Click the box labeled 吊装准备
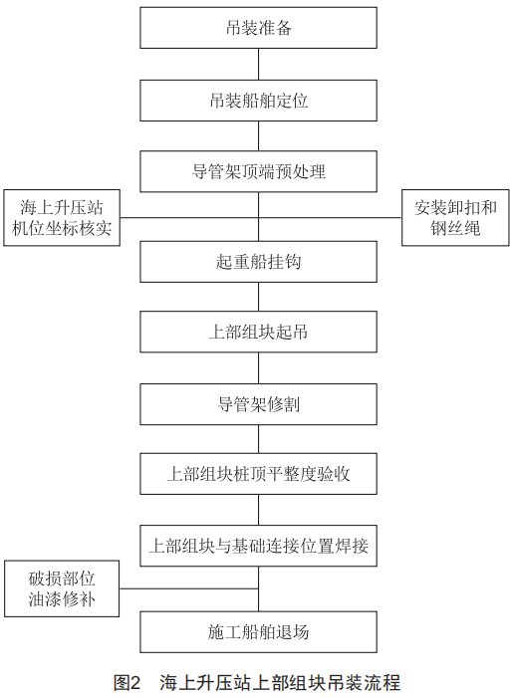coord(258,28)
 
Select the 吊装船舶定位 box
coord(258,101)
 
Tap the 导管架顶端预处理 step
coord(258,171)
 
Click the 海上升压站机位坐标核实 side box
coord(62,218)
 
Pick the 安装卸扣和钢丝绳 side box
coord(455,218)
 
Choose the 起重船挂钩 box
coord(258,262)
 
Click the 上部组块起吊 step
coord(258,332)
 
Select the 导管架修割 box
coord(258,404)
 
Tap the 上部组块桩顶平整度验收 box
coord(258,474)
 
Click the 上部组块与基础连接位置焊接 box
coord(258,546)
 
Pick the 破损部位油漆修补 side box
coord(62,588)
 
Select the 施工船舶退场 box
coord(258,632)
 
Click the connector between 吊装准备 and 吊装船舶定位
coord(258,65)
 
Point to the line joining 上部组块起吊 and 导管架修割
coord(258,368)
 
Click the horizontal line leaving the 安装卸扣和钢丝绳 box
coord(330,218)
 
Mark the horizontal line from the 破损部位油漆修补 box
coord(189,588)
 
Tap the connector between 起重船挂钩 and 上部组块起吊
coord(258,297)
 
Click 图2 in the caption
coord(128,682)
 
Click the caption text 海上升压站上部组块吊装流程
coord(280,682)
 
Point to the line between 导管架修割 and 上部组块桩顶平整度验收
coord(258,439)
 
